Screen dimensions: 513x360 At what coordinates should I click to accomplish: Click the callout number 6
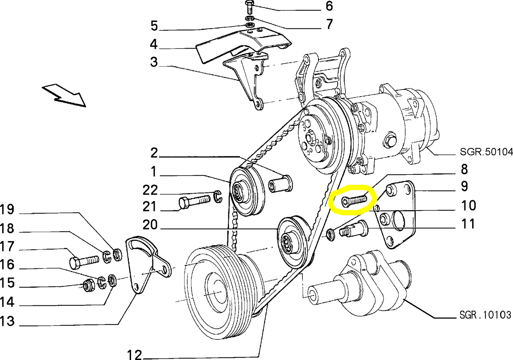click(329, 6)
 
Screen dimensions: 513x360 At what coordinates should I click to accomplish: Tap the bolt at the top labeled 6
click(250, 7)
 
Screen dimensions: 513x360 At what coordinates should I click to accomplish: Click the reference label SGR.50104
click(486, 152)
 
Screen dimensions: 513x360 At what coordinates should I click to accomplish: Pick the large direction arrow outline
click(64, 95)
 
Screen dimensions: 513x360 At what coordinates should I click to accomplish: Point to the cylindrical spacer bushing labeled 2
click(280, 183)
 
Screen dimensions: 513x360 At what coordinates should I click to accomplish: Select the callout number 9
click(464, 186)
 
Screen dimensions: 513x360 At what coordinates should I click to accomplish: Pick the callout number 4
click(154, 44)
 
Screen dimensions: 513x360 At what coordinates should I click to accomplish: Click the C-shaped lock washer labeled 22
click(218, 196)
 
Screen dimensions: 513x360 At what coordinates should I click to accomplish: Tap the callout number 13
click(7, 321)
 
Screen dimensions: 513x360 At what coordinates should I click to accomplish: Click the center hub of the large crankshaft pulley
click(216, 292)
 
